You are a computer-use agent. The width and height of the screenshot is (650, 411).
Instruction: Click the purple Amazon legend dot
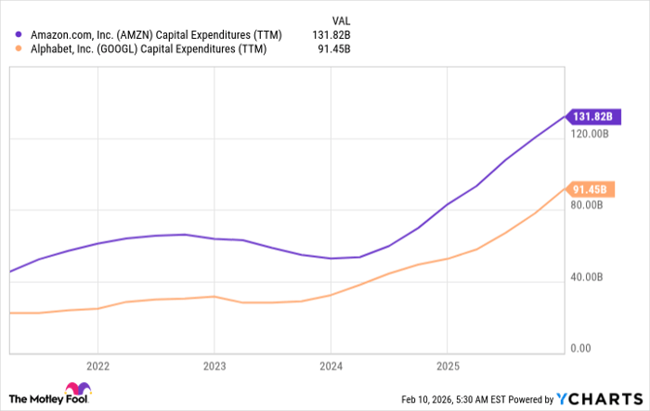tap(19, 35)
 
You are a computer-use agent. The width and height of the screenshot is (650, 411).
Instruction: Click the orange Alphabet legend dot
tap(19, 50)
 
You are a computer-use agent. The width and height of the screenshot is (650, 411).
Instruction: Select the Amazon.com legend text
tap(148, 35)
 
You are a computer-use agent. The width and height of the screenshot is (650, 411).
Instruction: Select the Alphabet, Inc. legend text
tap(148, 50)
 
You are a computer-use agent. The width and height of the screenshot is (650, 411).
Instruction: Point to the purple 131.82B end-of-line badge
tap(591, 116)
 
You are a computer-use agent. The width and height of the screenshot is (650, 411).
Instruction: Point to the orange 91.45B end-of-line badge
tap(591, 190)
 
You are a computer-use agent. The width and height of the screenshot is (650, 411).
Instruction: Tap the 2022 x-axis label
tap(97, 365)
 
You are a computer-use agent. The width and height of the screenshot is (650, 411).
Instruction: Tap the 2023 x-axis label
tap(214, 365)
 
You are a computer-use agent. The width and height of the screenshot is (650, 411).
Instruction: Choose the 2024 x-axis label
tap(331, 365)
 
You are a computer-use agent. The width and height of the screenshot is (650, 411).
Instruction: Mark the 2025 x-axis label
tap(448, 365)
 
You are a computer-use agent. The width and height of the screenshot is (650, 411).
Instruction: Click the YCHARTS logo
tap(599, 398)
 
